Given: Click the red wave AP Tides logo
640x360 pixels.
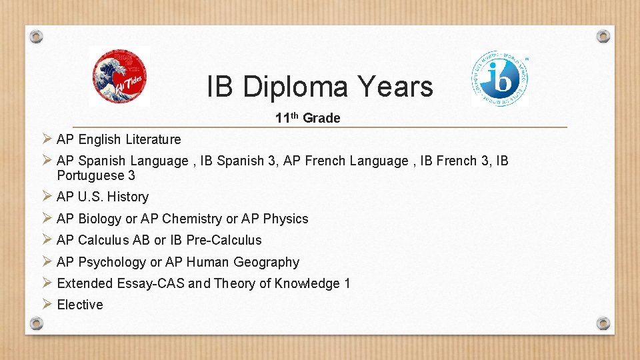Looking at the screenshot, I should tap(119, 77).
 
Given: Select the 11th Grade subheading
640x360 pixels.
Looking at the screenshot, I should tap(308, 118).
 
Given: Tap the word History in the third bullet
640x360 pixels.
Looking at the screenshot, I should tap(128, 197).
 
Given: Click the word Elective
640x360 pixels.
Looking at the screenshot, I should tap(80, 305).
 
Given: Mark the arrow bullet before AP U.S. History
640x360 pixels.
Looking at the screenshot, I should tap(47, 197).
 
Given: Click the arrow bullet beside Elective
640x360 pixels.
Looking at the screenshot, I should tap(47, 305).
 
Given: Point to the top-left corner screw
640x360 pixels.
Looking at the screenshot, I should tap(37, 36).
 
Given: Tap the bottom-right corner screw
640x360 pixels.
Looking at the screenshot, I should tap(603, 323).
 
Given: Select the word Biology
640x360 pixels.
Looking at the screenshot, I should tap(100, 219).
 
